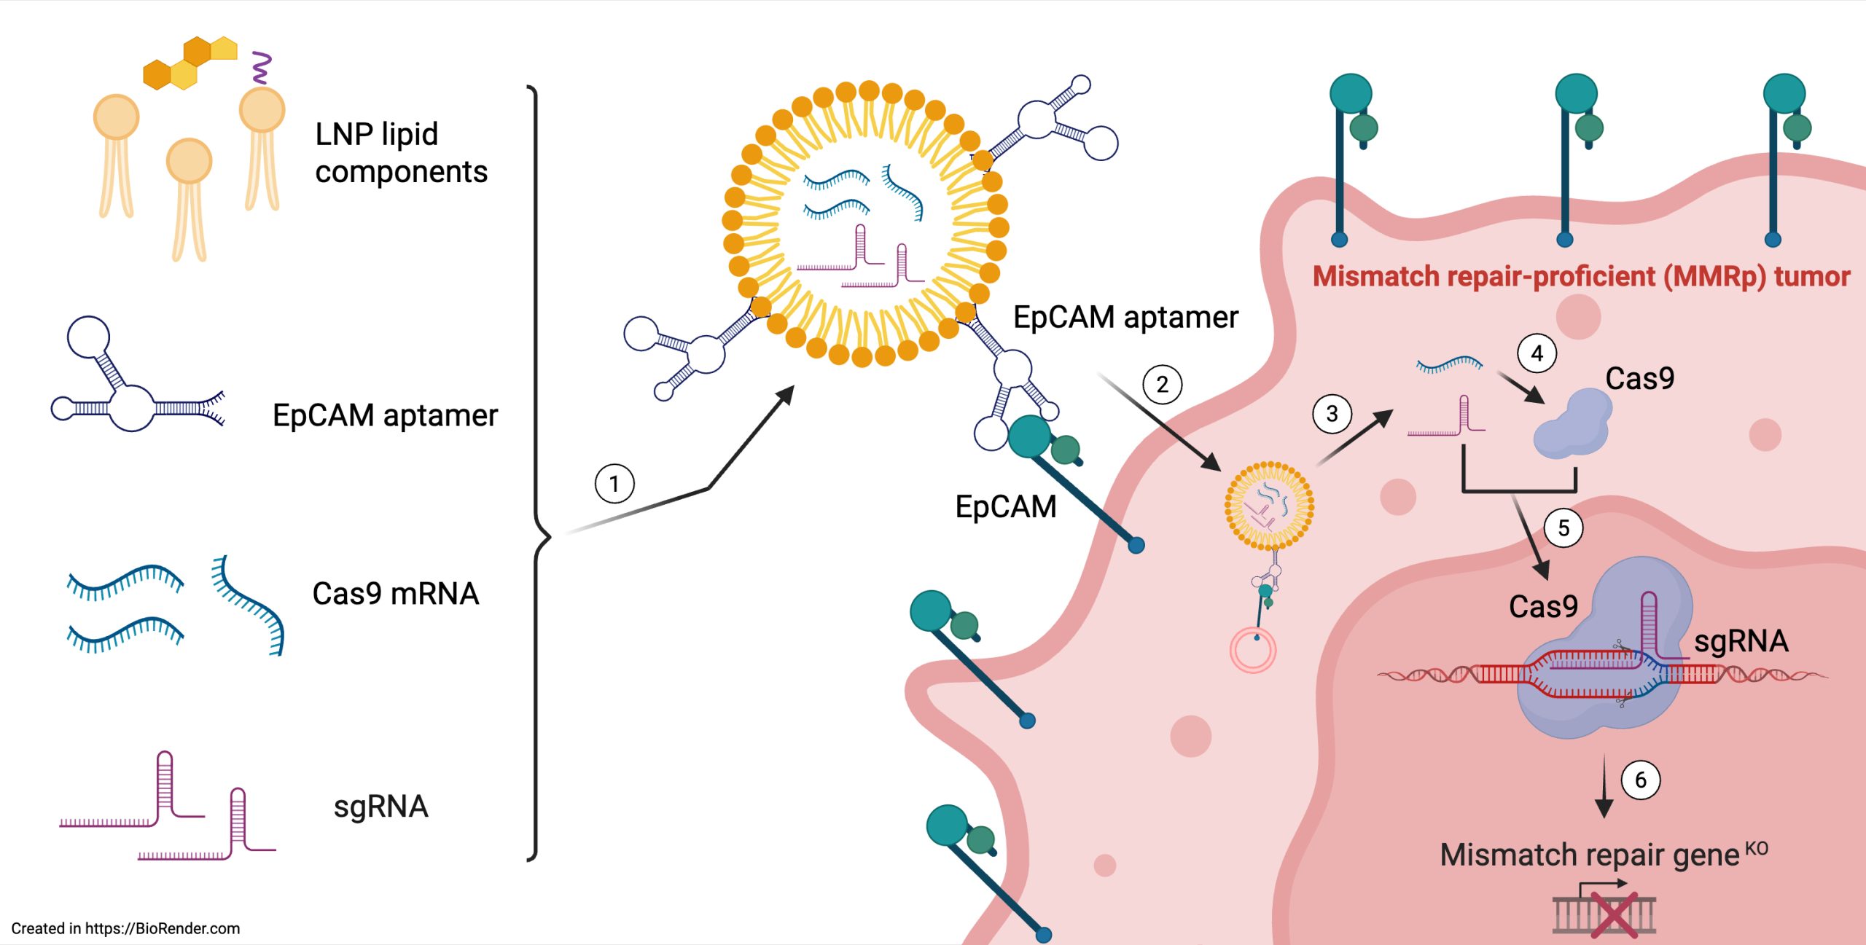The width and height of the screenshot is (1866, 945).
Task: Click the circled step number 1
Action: click(614, 484)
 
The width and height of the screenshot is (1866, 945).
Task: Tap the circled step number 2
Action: click(1162, 384)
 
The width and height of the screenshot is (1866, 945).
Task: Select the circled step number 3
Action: click(1332, 414)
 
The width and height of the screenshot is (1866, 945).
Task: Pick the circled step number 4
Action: click(1537, 353)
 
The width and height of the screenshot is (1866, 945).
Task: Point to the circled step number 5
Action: click(1564, 528)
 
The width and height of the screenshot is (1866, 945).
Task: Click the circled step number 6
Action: click(1641, 780)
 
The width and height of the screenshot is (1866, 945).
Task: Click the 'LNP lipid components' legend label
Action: click(401, 153)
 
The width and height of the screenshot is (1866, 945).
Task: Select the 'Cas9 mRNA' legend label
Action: click(395, 594)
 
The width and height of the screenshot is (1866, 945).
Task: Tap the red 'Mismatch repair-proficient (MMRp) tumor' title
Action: click(1581, 277)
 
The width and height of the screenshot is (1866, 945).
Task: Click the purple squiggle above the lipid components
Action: click(261, 67)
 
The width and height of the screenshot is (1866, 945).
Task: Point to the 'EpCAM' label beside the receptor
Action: click(1005, 506)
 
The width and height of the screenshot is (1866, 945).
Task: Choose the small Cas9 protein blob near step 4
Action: click(1573, 424)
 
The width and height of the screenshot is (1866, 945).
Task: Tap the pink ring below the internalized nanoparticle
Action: click(1253, 651)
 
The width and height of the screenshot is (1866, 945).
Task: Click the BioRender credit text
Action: click(125, 928)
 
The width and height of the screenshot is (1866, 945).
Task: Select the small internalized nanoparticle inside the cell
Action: click(1269, 505)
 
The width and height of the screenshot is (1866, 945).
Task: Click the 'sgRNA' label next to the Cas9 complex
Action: click(1741, 641)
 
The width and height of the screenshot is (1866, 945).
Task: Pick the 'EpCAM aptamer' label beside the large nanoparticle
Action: click(1125, 318)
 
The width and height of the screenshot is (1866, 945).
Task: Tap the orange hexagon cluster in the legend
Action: click(190, 63)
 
